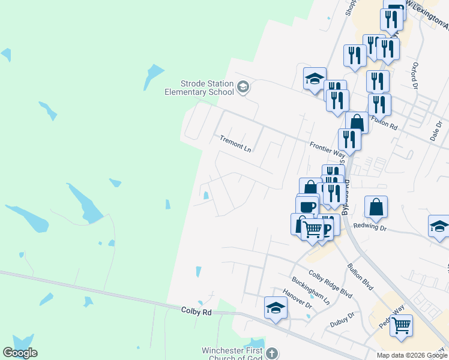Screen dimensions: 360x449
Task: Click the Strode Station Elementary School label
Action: click(x=199, y=88)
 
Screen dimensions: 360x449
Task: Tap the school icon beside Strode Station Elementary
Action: click(x=243, y=88)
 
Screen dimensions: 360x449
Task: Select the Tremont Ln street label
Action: click(x=235, y=143)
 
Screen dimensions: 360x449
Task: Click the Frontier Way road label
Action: click(x=328, y=149)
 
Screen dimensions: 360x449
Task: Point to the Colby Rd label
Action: click(x=196, y=312)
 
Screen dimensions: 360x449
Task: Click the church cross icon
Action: click(x=273, y=354)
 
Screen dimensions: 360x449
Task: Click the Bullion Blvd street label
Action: click(x=360, y=277)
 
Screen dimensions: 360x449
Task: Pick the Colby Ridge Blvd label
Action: click(x=330, y=283)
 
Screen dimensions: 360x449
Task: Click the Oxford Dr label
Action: click(x=414, y=74)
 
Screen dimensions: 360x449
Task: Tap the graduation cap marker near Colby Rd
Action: click(x=276, y=308)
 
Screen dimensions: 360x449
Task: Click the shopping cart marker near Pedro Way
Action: click(x=401, y=325)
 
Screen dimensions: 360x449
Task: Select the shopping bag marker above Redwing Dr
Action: click(x=376, y=207)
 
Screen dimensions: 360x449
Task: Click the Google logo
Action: click(x=20, y=353)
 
